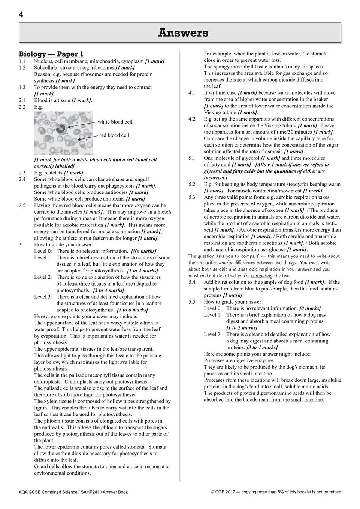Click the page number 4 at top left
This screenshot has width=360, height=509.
pos(21,15)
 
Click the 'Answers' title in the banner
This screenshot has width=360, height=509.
pos(183,33)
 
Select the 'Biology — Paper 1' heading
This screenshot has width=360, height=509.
pos(51,54)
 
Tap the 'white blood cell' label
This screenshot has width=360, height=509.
pos(115,122)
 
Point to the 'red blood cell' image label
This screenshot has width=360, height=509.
pos(114,135)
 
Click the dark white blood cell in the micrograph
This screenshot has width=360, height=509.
pos(61,129)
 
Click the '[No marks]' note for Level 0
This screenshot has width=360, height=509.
pos(143,251)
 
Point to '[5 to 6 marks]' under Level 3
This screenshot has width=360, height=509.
pos(132,310)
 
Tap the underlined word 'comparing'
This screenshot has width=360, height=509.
pos(261,276)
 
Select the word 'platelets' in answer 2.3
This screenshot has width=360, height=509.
pos(53,173)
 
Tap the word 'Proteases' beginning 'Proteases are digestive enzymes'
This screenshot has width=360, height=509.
pos(216,360)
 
